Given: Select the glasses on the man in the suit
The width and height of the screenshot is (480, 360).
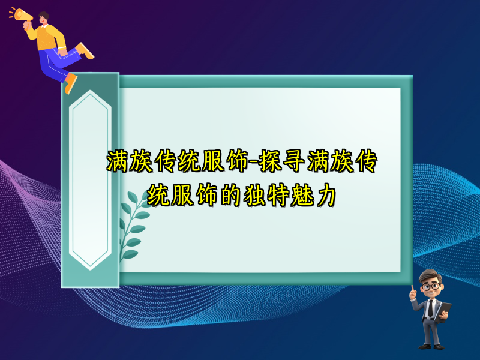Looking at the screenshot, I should pyautogui.click(x=430, y=286).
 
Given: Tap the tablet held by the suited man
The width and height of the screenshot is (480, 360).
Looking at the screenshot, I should pyautogui.click(x=445, y=309).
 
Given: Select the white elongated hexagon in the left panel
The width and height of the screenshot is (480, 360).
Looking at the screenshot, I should pyautogui.click(x=90, y=180).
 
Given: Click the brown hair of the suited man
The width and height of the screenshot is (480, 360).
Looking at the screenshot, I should pyautogui.click(x=430, y=275).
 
